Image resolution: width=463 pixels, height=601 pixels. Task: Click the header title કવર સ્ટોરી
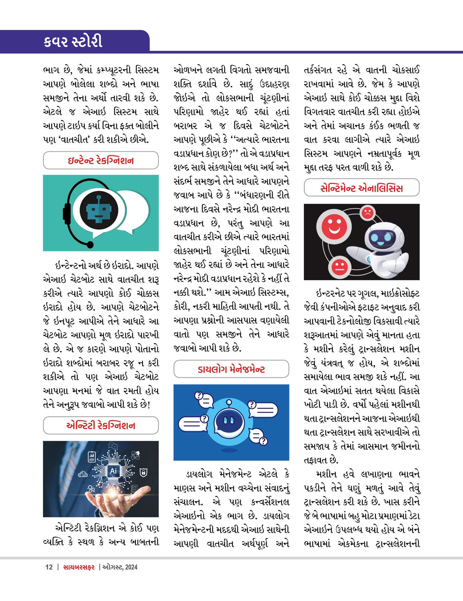click(73, 41)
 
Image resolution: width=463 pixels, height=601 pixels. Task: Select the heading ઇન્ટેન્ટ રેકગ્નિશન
click(101, 160)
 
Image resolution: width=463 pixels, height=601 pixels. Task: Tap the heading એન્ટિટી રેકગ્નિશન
click(101, 425)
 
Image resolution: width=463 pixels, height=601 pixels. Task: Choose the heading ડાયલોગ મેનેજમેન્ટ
click(231, 369)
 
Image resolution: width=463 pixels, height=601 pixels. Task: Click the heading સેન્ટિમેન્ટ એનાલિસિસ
click(361, 188)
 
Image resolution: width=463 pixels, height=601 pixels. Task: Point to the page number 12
click(49, 567)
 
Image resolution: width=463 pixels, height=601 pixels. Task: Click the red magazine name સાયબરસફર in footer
click(79, 567)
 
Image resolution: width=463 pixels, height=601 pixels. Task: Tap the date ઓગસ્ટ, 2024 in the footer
click(120, 567)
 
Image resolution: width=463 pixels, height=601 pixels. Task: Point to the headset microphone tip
click(90, 245)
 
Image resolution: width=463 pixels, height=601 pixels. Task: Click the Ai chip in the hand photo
click(113, 471)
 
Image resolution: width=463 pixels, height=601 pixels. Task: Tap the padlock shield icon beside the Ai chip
click(144, 473)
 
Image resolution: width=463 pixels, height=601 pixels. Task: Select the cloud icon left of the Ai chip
click(83, 474)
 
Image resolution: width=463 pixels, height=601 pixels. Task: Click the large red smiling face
click(334, 226)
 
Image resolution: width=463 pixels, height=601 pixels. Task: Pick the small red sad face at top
click(368, 213)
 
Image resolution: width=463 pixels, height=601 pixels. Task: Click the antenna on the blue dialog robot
click(229, 402)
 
